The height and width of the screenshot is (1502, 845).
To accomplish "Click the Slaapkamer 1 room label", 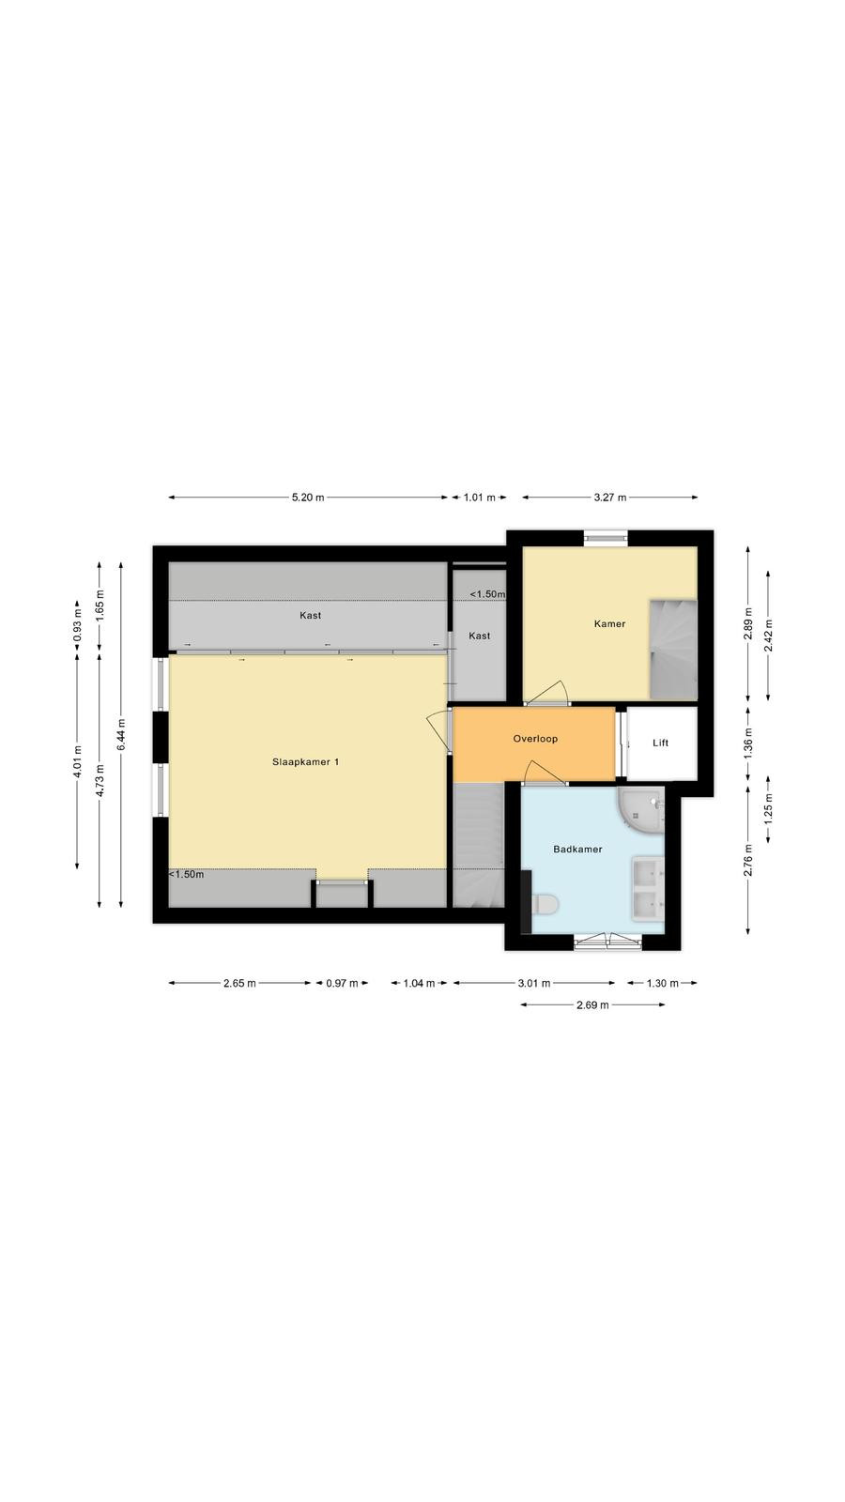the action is (x=305, y=761).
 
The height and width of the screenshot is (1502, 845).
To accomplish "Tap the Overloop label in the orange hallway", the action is (x=535, y=739).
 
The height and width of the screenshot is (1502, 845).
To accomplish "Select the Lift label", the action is (x=661, y=743).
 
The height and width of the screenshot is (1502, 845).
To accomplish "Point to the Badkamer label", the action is (x=577, y=849).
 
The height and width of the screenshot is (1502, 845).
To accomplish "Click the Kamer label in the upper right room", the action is (x=609, y=623).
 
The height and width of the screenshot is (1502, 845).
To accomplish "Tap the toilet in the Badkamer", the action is (x=545, y=905).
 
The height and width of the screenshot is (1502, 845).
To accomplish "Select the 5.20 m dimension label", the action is (x=308, y=498).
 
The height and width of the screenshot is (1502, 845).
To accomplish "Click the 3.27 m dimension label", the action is (x=610, y=498).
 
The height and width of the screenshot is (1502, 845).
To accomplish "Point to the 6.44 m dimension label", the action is (x=121, y=734).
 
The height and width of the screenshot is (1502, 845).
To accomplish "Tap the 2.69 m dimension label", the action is (x=592, y=1004).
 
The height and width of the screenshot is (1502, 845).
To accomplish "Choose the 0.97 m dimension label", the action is (x=342, y=983).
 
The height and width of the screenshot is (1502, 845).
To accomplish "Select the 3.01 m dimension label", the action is (x=534, y=983).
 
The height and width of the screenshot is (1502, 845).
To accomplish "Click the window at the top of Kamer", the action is (x=606, y=537).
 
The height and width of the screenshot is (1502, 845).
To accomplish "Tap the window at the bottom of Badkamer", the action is (x=607, y=942).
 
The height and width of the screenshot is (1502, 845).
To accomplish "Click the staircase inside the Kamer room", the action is (x=673, y=651).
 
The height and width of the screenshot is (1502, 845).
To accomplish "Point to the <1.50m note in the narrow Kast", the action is (x=487, y=594).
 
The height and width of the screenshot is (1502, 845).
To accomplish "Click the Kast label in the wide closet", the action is (x=311, y=615).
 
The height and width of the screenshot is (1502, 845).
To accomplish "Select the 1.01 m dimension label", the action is (x=480, y=498).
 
